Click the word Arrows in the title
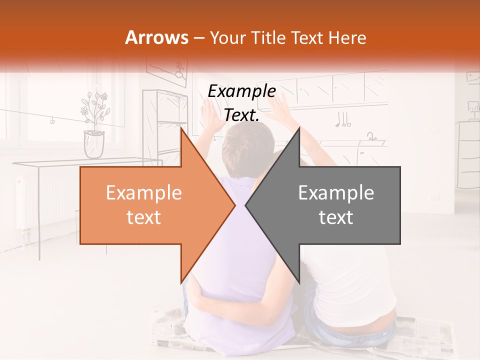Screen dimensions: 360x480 pos(156,37)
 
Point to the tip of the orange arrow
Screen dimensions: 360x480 pos(235,205)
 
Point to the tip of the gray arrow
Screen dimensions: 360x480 pos(245,205)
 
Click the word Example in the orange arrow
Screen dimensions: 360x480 pos(143,193)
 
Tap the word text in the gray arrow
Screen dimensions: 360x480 pos(336,217)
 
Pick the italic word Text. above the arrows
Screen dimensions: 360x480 pos(241,115)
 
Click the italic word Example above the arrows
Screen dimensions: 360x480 pos(241,91)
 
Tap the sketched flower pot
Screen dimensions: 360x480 pos(94,143)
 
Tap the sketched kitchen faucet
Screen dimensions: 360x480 pos(370,136)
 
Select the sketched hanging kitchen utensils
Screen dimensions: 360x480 pos(342,120)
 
